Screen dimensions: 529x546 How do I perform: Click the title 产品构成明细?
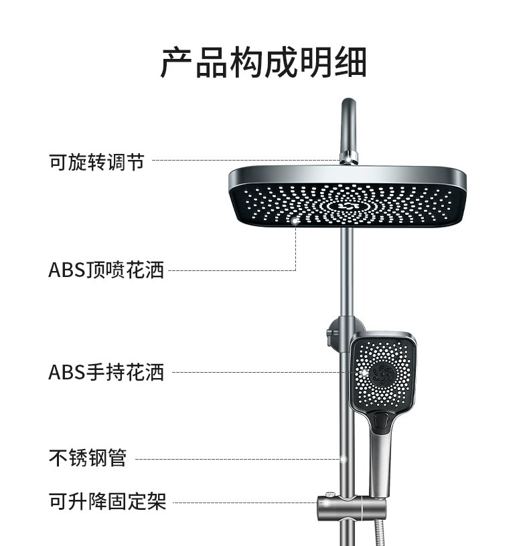264,64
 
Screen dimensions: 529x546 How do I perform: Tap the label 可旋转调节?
96,161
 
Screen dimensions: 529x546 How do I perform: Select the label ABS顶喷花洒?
106,270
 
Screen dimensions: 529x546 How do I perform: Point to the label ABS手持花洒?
106,372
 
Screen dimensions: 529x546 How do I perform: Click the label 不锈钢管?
87,459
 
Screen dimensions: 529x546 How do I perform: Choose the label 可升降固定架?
106,501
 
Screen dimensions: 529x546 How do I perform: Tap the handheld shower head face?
384,375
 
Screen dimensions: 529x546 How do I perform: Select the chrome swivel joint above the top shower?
348,158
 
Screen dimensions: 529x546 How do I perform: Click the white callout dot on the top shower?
295,219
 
